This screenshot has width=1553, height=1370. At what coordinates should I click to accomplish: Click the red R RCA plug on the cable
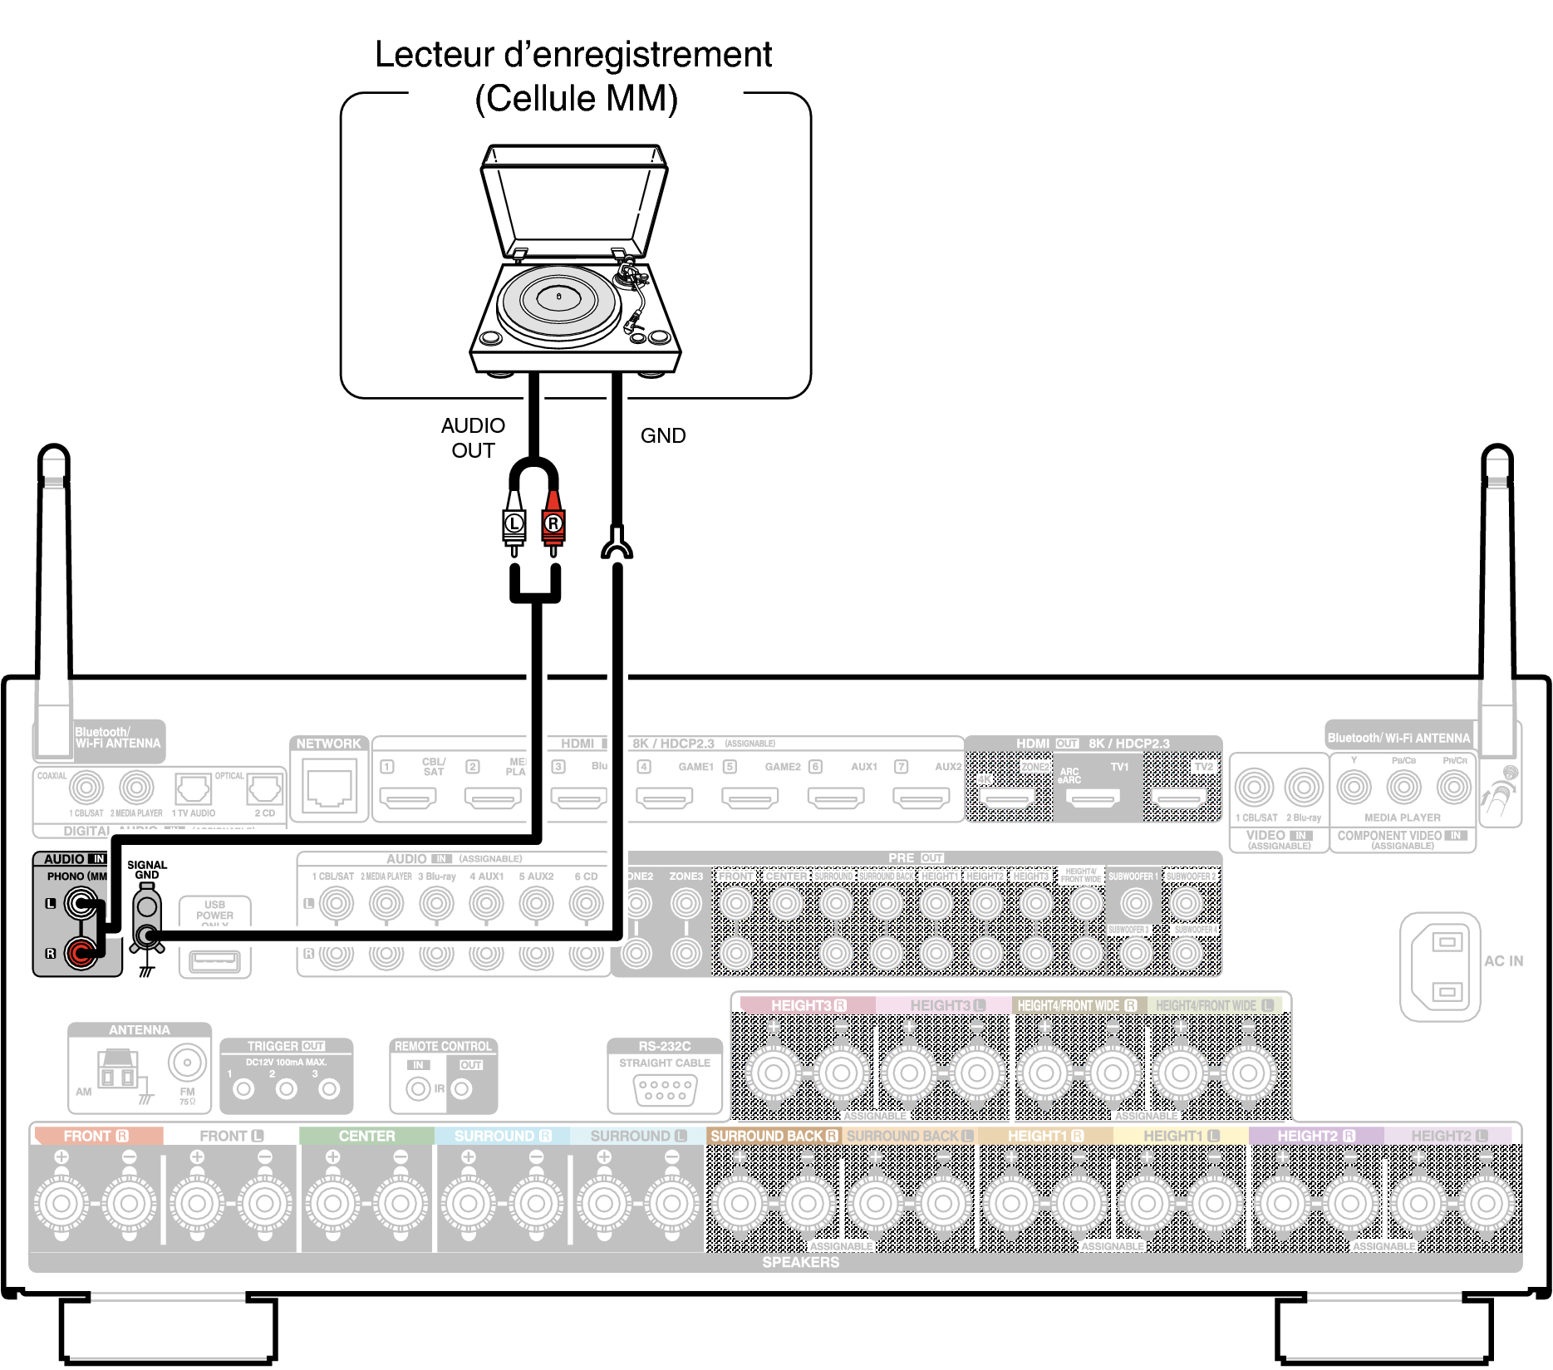tap(553, 523)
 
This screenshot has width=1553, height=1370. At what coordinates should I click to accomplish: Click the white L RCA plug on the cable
tap(514, 523)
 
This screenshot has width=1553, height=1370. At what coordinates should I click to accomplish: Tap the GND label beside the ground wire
tap(662, 436)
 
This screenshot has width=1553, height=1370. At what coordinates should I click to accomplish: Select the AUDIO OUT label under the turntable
tap(473, 438)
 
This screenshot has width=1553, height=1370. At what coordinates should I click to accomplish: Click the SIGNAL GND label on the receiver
tap(147, 870)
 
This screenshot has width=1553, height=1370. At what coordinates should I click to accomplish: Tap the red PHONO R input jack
tap(81, 952)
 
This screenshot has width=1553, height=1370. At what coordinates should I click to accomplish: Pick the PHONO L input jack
tap(81, 903)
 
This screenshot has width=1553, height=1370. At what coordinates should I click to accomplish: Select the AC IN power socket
tap(1447, 966)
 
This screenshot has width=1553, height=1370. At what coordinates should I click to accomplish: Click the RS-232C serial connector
tap(665, 1089)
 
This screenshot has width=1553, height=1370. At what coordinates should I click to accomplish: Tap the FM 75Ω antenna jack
tap(187, 1063)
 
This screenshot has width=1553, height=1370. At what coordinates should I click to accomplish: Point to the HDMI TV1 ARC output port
tap(1093, 799)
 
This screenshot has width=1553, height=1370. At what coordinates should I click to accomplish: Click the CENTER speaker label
tap(366, 1136)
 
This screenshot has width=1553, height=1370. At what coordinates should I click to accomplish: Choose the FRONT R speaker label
tap(96, 1136)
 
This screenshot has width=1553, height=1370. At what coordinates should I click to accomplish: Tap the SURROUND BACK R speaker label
tap(774, 1136)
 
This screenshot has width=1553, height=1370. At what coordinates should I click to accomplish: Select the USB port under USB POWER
tap(214, 961)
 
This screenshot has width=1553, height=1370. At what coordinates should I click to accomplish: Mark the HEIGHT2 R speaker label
tap(1315, 1136)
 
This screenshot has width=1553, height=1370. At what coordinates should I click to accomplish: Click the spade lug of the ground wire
tap(616, 544)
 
